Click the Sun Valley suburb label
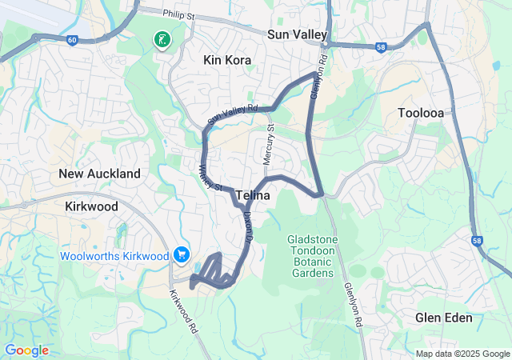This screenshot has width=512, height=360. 298,34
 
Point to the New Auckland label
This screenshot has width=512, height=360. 99,174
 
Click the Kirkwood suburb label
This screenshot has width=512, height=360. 90,206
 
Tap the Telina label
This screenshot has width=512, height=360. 252,195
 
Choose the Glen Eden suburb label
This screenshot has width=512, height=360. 443,318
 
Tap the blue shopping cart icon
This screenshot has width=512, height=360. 182,255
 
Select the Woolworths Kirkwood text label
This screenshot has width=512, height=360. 114,256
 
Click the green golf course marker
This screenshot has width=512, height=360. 162,38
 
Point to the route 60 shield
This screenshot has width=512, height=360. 72,41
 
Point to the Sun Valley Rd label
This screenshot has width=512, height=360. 232,114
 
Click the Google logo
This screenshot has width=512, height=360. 26,350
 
